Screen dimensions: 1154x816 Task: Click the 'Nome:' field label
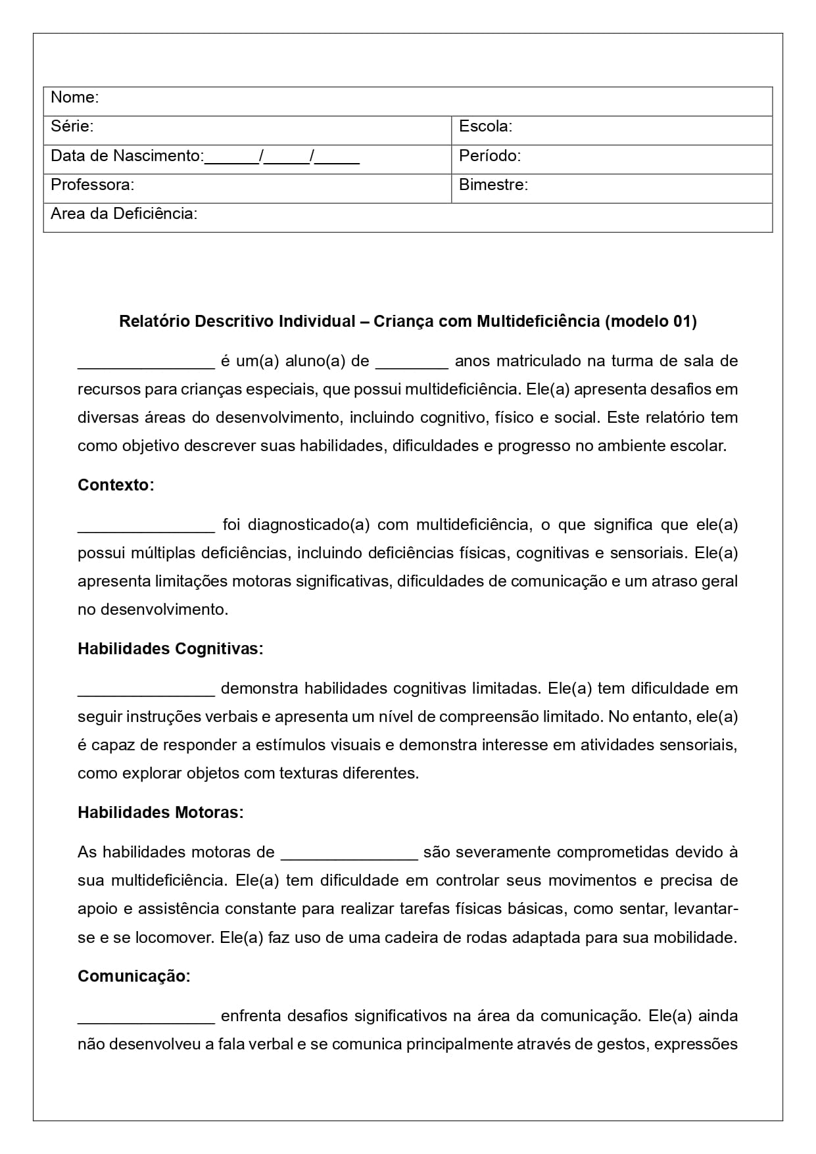[74, 97]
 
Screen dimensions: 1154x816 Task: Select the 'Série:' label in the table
[72, 126]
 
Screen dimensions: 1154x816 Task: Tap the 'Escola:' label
[485, 126]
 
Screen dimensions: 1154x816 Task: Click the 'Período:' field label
[489, 156]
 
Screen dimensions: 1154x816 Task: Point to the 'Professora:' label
[92, 185]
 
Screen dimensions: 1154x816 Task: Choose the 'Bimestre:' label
[493, 185]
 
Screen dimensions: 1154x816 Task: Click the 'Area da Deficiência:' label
[124, 214]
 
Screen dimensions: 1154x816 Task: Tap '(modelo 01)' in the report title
[650, 322]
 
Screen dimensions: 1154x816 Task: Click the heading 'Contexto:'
[116, 485]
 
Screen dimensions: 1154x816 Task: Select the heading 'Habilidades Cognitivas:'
[170, 649]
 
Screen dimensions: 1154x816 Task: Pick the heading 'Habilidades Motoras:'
[160, 813]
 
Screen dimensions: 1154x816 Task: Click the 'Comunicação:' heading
[133, 976]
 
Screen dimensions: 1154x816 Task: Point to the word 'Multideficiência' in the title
[538, 322]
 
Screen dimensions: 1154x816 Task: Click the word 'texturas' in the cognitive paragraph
[308, 773]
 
